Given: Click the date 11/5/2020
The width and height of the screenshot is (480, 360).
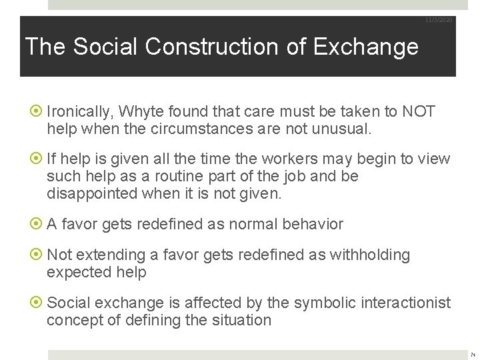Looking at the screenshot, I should [439, 20].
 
